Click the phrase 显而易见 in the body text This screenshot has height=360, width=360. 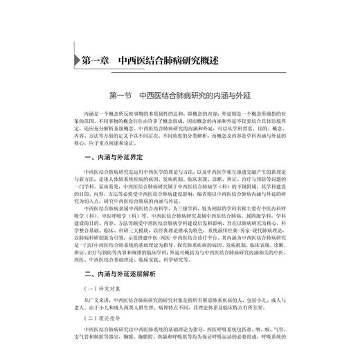coord(108,185)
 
